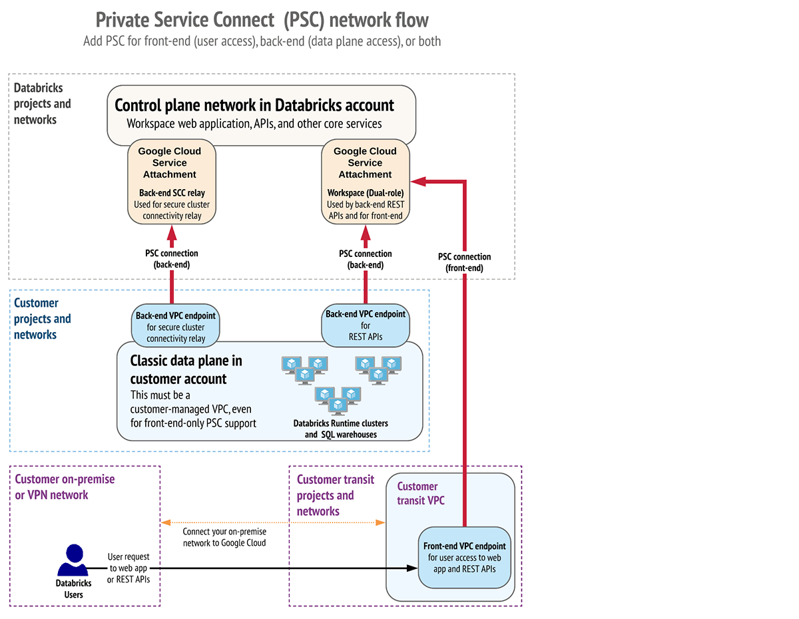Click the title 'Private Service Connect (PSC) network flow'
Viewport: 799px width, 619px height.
262,19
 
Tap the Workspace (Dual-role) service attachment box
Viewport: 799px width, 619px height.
365,181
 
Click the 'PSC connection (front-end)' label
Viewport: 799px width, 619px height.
464,262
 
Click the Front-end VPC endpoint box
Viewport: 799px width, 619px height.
464,558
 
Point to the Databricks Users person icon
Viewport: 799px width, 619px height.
73,560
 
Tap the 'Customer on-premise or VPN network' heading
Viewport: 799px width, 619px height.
65,487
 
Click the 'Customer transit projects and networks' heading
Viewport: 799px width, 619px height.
335,495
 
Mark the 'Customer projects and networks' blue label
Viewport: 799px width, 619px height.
42,319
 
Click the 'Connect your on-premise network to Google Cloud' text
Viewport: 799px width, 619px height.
224,537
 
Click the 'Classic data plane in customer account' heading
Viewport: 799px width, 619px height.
186,370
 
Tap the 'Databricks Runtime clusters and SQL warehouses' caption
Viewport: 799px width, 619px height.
340,429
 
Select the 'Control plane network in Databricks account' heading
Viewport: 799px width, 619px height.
254,105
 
